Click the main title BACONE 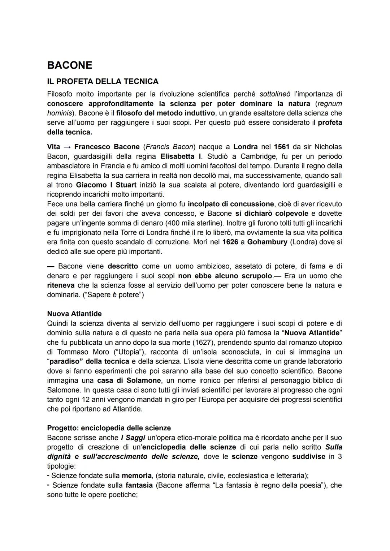[70, 65]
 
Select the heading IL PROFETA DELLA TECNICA [103, 81]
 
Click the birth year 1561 [282, 147]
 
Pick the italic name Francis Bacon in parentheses [169, 147]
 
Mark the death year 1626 [230, 242]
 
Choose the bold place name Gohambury [267, 242]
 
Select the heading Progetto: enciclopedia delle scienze [109, 428]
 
